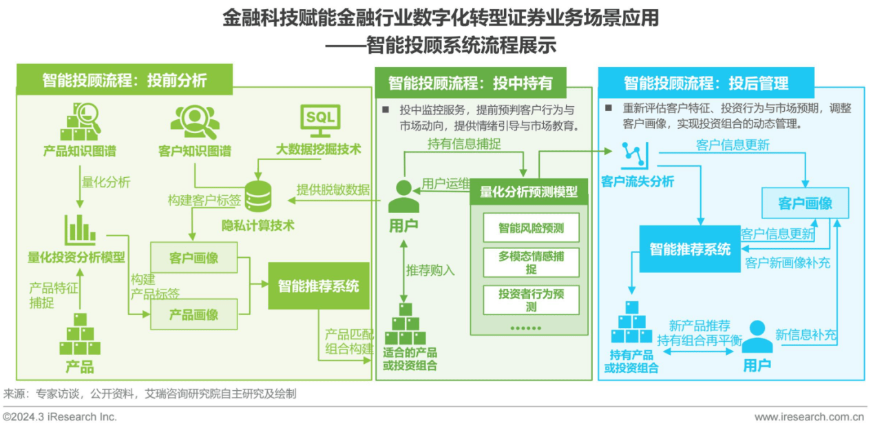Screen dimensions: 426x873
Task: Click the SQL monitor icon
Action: [x=320, y=119]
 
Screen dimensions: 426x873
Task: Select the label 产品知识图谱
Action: [x=79, y=150]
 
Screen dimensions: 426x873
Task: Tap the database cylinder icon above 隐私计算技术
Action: [x=258, y=196]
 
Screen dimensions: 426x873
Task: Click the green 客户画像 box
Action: [x=193, y=258]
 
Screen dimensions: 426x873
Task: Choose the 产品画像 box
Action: [x=193, y=314]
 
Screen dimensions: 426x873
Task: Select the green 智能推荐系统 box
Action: [x=318, y=286]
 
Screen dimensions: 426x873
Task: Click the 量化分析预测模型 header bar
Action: [x=529, y=192]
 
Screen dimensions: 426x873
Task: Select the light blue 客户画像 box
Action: [x=805, y=203]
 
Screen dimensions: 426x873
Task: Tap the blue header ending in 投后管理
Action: [x=706, y=83]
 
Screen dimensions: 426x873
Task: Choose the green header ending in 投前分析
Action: [x=124, y=80]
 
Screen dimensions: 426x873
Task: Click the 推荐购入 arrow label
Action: [x=430, y=270]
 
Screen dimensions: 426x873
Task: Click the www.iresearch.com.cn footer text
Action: [x=809, y=416]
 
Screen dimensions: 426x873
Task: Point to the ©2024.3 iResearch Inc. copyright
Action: [x=60, y=416]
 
